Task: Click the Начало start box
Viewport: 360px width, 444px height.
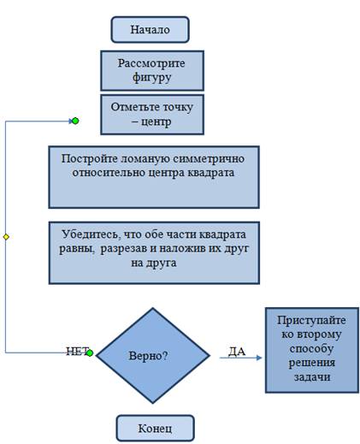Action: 150,30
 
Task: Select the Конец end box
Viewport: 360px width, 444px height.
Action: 156,428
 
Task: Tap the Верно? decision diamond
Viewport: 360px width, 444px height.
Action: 153,356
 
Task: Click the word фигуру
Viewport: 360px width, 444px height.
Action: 151,77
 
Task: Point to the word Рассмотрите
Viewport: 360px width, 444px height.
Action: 151,63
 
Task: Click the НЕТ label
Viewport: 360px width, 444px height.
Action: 78,352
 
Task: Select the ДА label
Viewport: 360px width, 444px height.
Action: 237,352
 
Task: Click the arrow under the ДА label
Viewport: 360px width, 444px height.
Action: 240,358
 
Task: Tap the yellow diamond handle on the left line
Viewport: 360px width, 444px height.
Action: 6,237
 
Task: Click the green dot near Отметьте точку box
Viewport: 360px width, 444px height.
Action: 75,121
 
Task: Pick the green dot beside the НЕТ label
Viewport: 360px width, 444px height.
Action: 90,353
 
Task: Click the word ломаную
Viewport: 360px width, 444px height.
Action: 145,158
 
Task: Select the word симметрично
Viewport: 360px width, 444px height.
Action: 209,158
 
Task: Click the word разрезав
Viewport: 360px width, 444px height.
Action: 124,249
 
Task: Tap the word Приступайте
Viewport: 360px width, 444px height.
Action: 311,321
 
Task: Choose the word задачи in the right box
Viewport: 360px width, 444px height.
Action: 312,377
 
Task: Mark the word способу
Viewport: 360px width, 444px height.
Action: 311,349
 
